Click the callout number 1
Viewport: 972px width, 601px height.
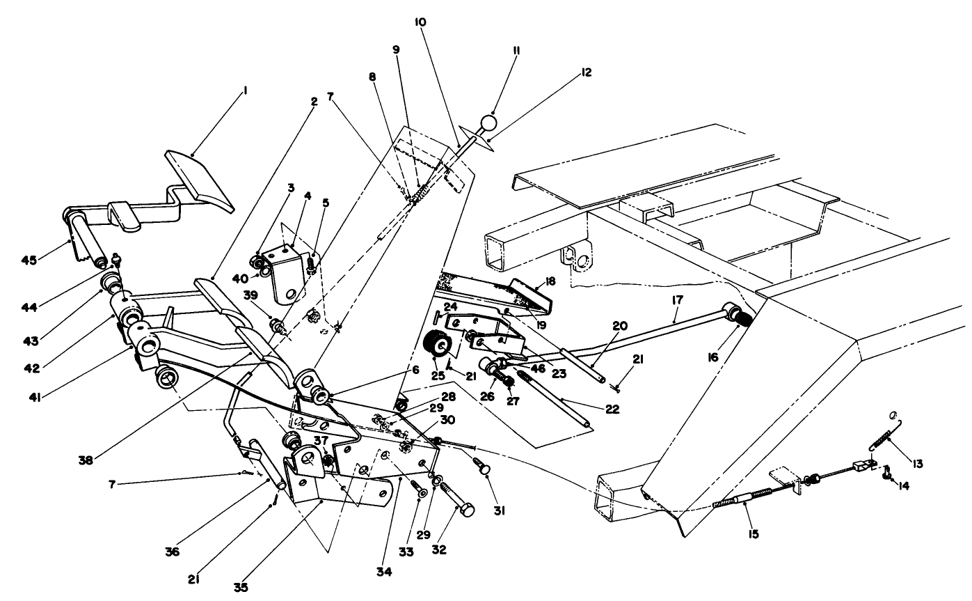coord(244,90)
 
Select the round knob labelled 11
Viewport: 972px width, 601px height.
coord(489,124)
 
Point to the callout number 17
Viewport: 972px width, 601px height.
coord(678,299)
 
